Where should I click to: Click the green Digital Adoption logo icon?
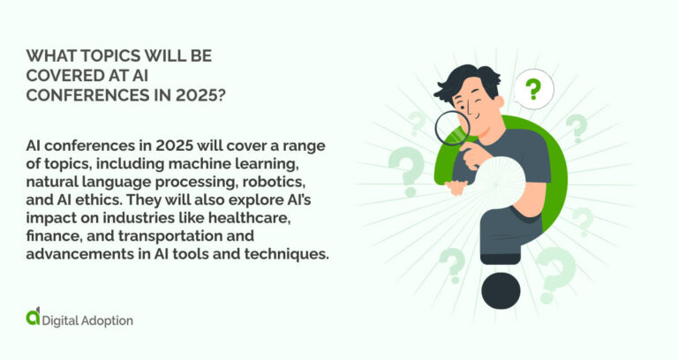click(33, 315)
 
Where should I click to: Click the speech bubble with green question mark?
click(531, 89)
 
